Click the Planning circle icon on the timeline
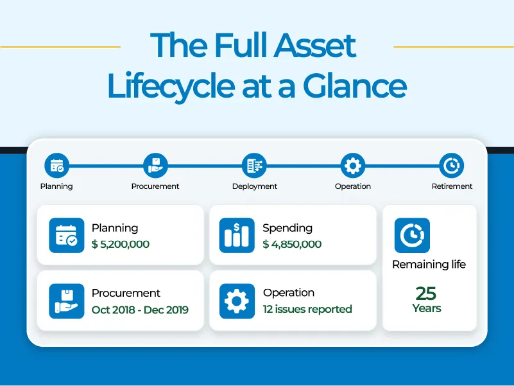point(56,166)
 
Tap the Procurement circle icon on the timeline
point(155,166)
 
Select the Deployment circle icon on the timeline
point(254,166)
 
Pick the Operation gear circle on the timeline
point(352,166)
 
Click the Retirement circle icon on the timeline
point(451,166)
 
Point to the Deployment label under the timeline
point(255,186)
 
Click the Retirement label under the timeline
point(452,186)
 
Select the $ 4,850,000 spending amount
point(292,244)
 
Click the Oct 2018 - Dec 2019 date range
point(140,310)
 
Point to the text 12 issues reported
point(307,309)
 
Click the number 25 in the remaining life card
point(426,294)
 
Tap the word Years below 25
point(427,308)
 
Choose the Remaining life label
point(429,264)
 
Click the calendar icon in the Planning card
point(67,236)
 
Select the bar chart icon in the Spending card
point(237,236)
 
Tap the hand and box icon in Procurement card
point(67,301)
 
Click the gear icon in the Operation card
point(237,301)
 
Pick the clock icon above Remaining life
point(411,236)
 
